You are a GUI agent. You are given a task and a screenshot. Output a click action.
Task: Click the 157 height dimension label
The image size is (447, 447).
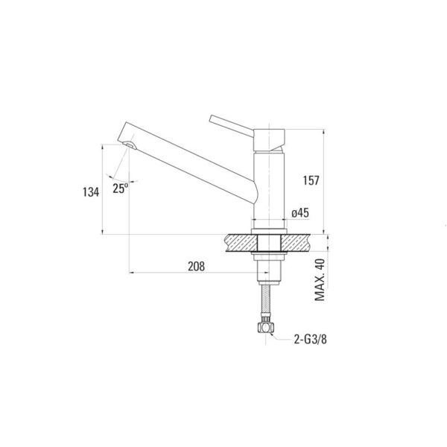click(311, 180)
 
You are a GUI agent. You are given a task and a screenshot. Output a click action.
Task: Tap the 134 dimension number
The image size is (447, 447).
click(91, 192)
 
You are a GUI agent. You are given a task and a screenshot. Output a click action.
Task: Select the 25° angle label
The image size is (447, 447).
click(120, 188)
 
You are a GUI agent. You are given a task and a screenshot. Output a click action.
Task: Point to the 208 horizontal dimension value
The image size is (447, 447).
click(196, 266)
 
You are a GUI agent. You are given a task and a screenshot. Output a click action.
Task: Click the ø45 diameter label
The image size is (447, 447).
click(300, 213)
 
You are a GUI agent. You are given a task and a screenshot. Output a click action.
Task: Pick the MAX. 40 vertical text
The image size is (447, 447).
click(320, 279)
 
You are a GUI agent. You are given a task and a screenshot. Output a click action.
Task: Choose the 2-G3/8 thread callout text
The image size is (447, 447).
click(311, 339)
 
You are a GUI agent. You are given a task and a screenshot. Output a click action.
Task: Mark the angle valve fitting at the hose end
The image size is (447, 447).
click(266, 328)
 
